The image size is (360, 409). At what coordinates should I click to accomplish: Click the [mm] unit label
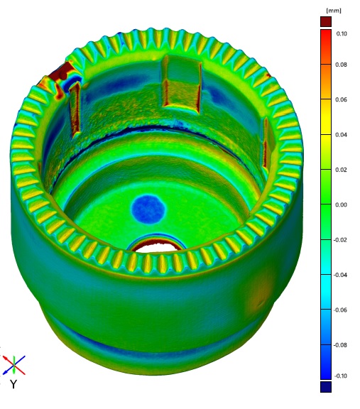331,11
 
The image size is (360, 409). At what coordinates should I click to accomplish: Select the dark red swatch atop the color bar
326,21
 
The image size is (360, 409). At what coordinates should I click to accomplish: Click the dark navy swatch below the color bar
326,387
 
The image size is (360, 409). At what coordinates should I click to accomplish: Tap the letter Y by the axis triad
13,384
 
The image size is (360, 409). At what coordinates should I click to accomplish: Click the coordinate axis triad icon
14,365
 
